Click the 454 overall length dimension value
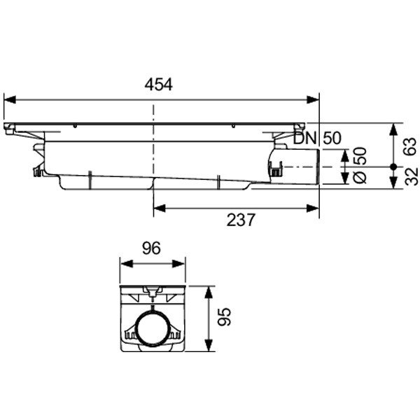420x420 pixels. [x=159, y=85]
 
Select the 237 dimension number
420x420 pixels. [x=241, y=220]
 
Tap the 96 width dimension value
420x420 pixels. [x=152, y=248]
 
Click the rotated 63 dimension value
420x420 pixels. [x=410, y=145]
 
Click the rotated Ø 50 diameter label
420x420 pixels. [x=360, y=166]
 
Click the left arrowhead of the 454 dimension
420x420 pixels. [x=8, y=99]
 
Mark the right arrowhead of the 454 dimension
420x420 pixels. [x=315, y=99]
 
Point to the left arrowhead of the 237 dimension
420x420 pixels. [x=158, y=206]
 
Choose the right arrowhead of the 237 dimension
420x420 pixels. [x=315, y=206]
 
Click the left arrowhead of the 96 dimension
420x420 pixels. [x=124, y=263]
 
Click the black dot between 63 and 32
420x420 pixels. [x=394, y=167]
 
